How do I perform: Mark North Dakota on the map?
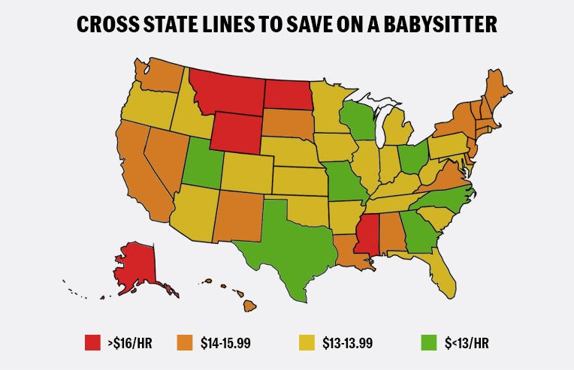(x=288, y=94)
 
